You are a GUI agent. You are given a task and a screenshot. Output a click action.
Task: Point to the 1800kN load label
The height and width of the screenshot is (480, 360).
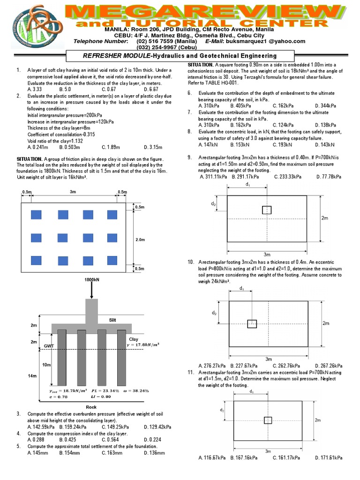point(91,280)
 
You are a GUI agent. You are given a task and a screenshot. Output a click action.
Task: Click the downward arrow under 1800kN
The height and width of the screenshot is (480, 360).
point(91,291)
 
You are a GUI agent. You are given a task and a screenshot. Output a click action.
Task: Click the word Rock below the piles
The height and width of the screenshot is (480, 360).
point(91,407)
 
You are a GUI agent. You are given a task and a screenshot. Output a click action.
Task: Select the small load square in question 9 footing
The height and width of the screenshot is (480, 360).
point(267,210)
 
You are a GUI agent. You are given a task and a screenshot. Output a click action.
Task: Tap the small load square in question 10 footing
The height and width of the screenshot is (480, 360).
point(252,323)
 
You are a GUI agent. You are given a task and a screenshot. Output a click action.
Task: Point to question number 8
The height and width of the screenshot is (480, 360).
point(190,132)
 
